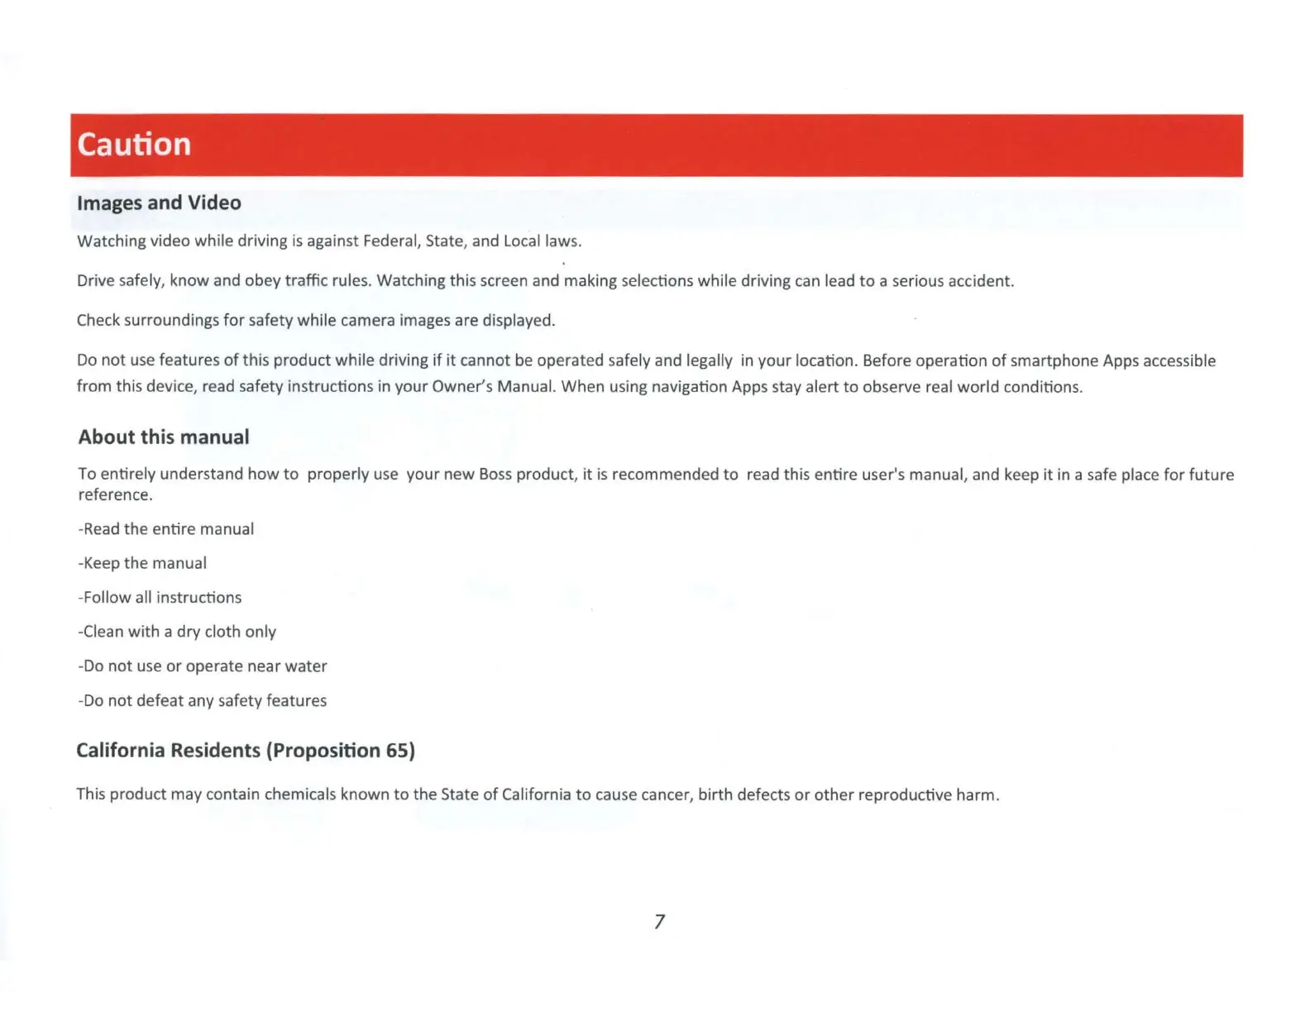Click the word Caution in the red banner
tap(134, 145)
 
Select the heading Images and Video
tap(159, 203)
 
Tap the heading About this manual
tap(164, 437)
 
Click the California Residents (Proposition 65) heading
tap(246, 751)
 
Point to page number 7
tap(659, 922)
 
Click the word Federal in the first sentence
tap(392, 241)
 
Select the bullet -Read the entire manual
tap(166, 529)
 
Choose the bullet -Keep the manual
tap(142, 564)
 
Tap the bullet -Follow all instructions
tap(160, 598)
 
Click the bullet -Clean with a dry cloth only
tap(177, 632)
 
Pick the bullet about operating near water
tap(203, 666)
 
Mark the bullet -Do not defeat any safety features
tap(203, 701)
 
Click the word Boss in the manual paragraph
tap(495, 475)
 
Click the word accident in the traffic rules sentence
tap(981, 281)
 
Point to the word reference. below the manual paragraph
tap(115, 495)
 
